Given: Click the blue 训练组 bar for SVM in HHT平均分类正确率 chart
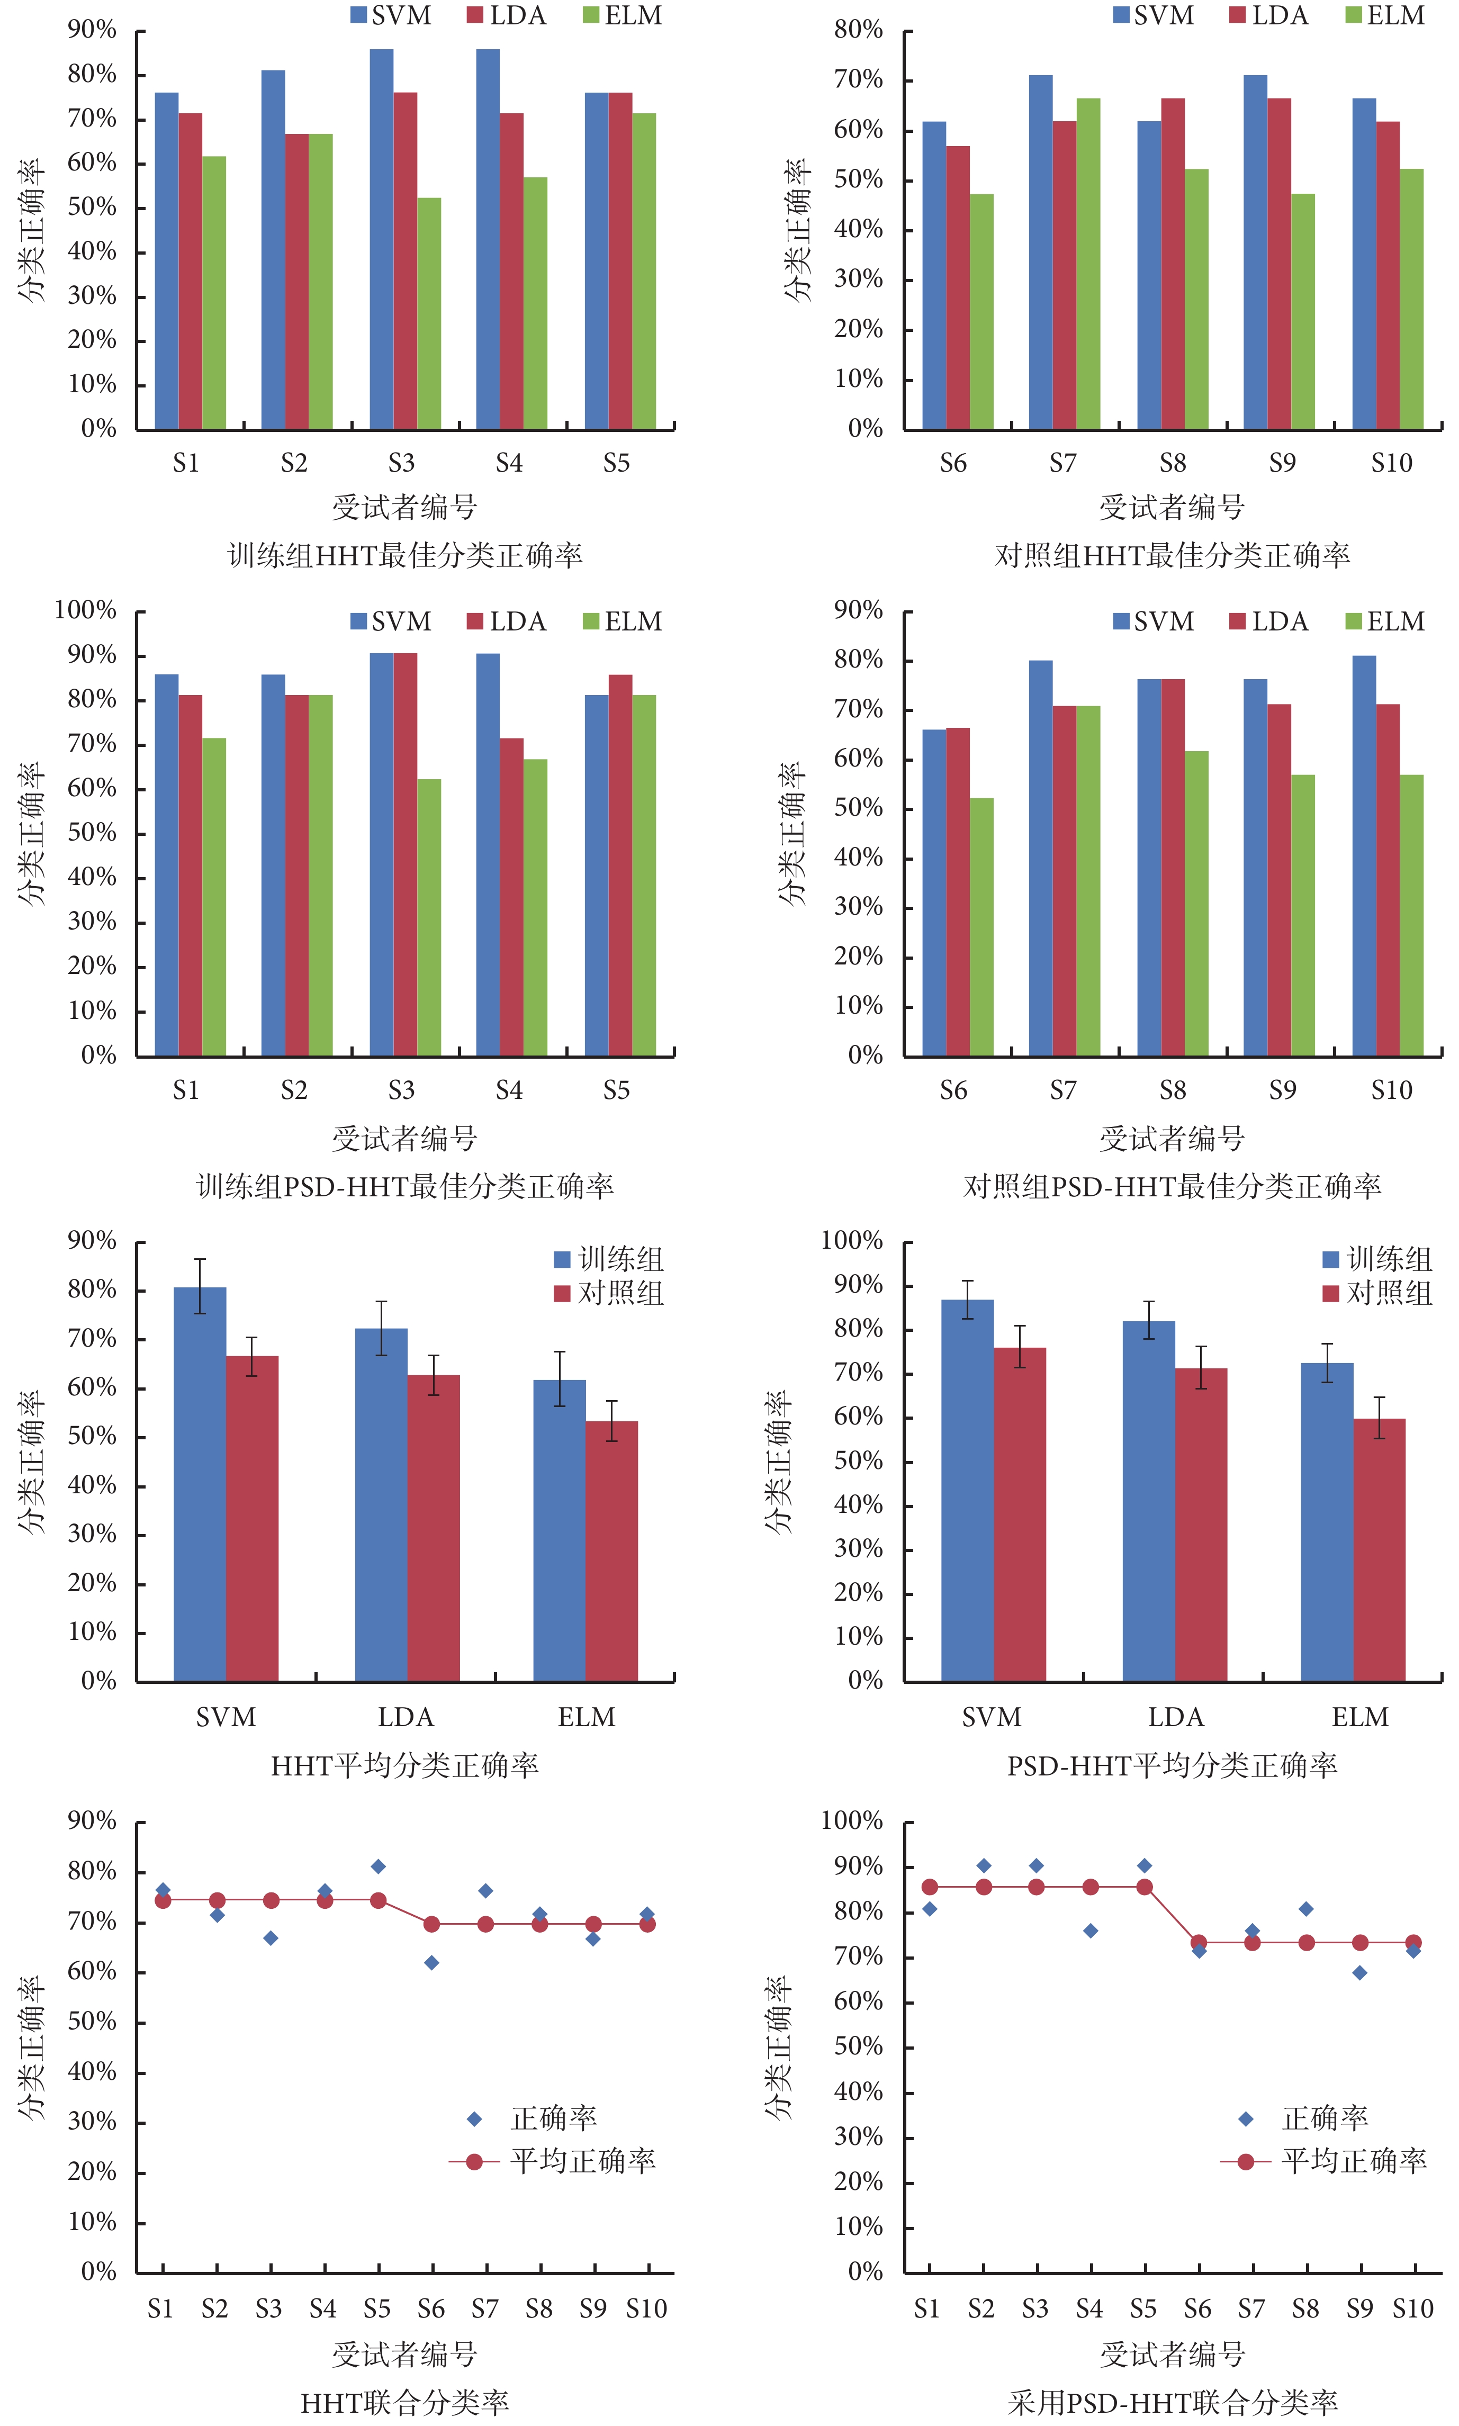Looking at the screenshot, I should coord(200,1484).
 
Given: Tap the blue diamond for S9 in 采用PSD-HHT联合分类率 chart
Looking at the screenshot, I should coord(1359,1973).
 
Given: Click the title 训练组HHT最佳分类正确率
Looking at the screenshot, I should coord(405,555).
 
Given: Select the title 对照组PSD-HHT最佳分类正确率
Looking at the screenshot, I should coord(1172,1186).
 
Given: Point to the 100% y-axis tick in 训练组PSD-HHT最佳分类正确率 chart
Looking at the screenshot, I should coord(86,610).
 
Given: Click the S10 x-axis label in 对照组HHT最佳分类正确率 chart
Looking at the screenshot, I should coord(1391,463).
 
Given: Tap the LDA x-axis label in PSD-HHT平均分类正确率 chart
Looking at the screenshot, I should coord(1175,1717).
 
